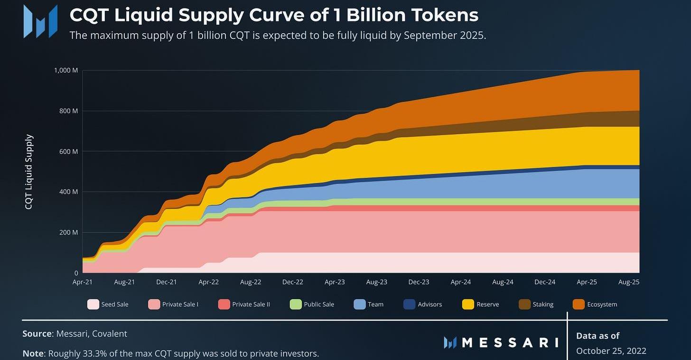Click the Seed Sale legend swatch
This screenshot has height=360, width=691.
click(x=93, y=304)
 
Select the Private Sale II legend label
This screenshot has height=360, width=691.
click(x=251, y=304)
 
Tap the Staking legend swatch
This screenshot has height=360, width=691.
click(x=524, y=304)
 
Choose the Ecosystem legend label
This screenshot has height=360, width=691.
click(x=602, y=304)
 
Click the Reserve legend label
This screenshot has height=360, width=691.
click(x=488, y=304)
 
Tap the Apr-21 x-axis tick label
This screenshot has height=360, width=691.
click(x=83, y=282)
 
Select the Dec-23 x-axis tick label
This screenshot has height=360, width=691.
click(x=419, y=282)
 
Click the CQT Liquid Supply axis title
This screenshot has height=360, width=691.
click(x=29, y=172)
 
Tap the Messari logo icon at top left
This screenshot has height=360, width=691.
click(x=40, y=21)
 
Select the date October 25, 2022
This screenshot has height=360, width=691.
click(x=611, y=351)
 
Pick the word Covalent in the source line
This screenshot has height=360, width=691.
click(x=110, y=333)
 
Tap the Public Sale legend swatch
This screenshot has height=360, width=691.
click(x=296, y=304)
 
